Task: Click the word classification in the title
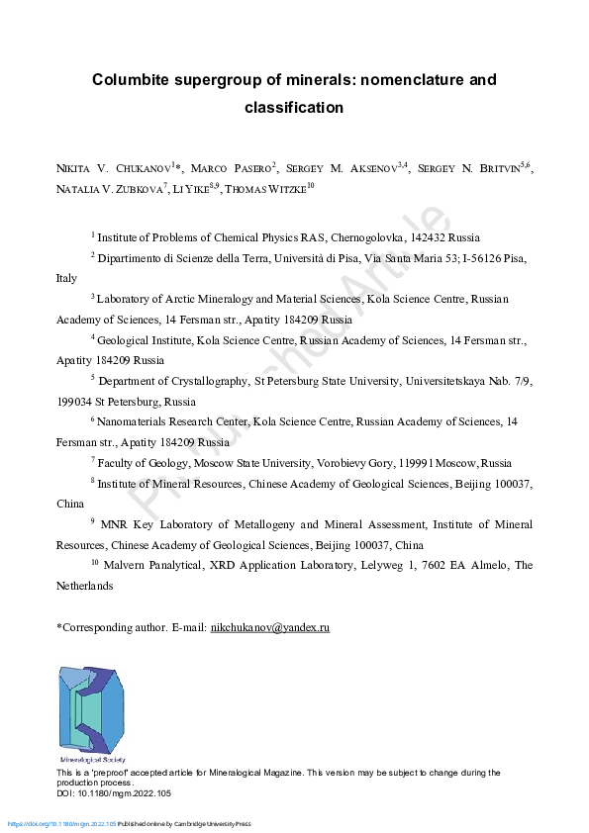click(x=294, y=107)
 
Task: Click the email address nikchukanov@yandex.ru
click(x=270, y=627)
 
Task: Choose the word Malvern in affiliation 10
click(x=127, y=566)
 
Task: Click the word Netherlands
click(x=85, y=586)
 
